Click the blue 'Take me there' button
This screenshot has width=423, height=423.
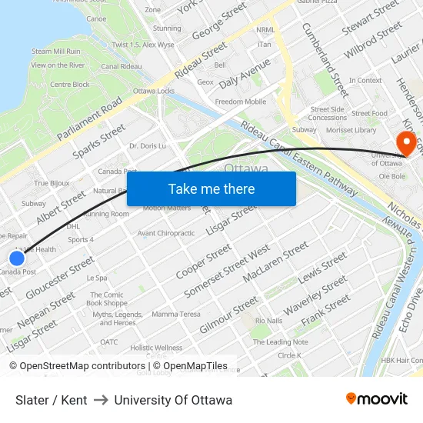tap(211, 188)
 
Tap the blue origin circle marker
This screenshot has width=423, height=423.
tap(17, 258)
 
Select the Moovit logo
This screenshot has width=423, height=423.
tap(377, 398)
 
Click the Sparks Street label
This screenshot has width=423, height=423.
tap(98, 141)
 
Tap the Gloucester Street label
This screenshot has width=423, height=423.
tap(60, 278)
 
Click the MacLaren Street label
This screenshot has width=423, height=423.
tap(275, 261)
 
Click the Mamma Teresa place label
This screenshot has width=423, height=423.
tap(175, 315)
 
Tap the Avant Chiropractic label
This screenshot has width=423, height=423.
tap(165, 233)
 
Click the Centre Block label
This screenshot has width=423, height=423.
tap(70, 85)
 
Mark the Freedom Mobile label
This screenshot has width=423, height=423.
tap(241, 102)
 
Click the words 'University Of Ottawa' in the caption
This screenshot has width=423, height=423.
tap(173, 400)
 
